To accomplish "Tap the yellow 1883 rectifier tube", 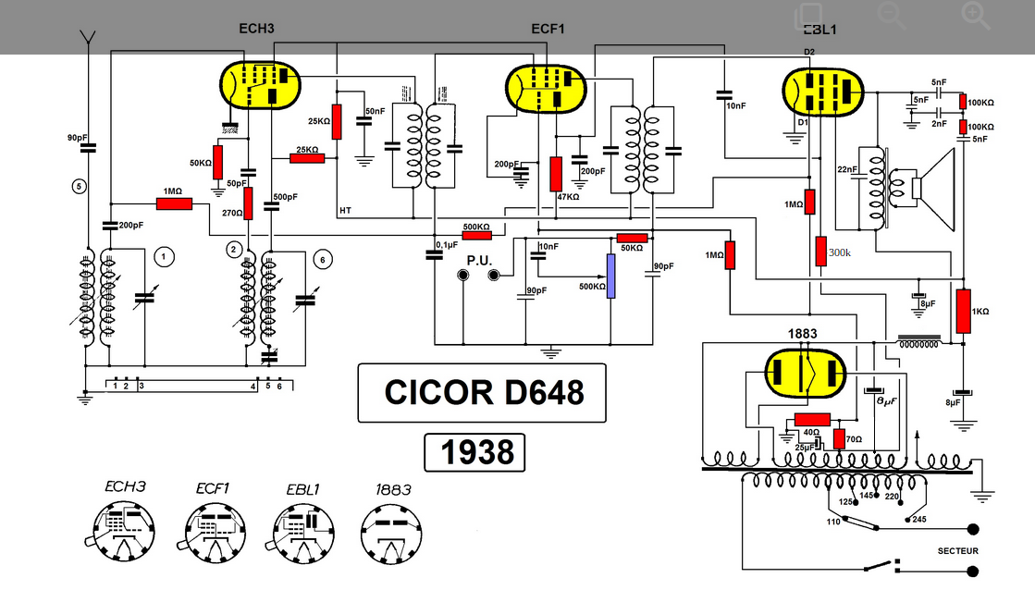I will [807, 374].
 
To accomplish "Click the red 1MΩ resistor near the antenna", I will [174, 203].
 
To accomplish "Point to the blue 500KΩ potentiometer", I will [610, 273].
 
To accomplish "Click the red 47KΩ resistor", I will [556, 173].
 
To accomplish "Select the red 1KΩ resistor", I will [964, 311].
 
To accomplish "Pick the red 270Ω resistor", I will [248, 203].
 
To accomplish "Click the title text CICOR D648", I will [483, 392].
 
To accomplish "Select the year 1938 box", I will [474, 452].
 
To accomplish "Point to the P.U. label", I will [479, 260].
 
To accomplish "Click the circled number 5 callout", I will [80, 186].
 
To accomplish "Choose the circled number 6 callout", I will [322, 259].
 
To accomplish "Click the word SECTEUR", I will [957, 551].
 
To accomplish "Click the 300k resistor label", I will [839, 252].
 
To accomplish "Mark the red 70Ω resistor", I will [840, 438].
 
